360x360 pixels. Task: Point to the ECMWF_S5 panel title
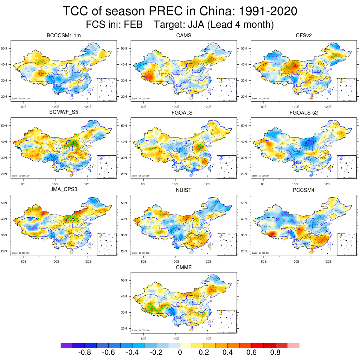[64, 113]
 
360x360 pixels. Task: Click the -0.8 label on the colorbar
[84, 353]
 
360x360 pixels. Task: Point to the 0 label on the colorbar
[180, 353]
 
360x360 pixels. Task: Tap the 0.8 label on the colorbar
[275, 353]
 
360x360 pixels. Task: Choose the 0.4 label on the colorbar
[227, 353]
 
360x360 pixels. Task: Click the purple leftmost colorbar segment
[66, 346]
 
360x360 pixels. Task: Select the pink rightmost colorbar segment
[293, 346]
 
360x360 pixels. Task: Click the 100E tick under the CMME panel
[175, 339]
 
